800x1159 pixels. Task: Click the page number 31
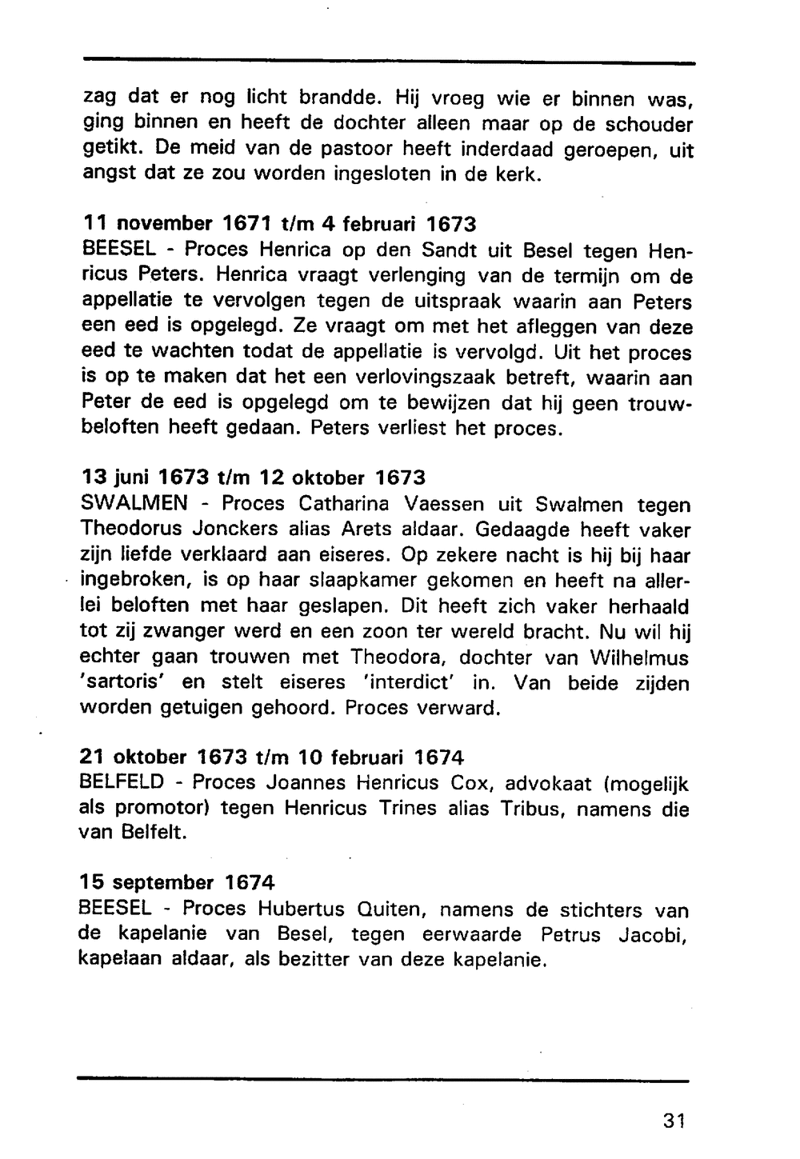(674, 1121)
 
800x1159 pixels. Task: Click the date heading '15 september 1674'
(177, 883)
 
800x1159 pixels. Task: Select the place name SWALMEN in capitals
(134, 504)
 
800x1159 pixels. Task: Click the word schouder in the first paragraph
(648, 125)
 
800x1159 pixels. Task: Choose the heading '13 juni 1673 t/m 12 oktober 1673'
(254, 478)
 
